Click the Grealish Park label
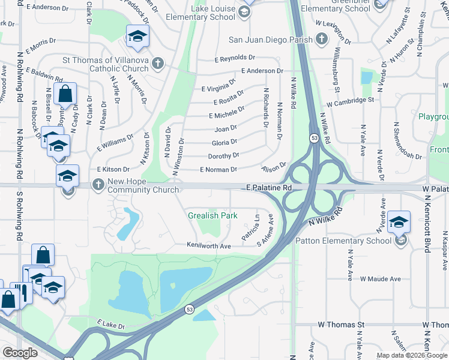pos(212,215)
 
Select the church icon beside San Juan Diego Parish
pos(322,40)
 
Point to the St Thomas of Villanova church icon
pos(158,63)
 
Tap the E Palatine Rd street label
pos(269,188)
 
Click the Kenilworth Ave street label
pos(209,246)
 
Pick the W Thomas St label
pos(341,325)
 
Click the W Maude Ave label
pos(381,279)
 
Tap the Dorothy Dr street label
pos(224,155)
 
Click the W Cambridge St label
pos(351,100)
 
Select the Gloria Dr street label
pos(224,143)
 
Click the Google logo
pos(20,353)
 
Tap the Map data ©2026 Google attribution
pos(411,355)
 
